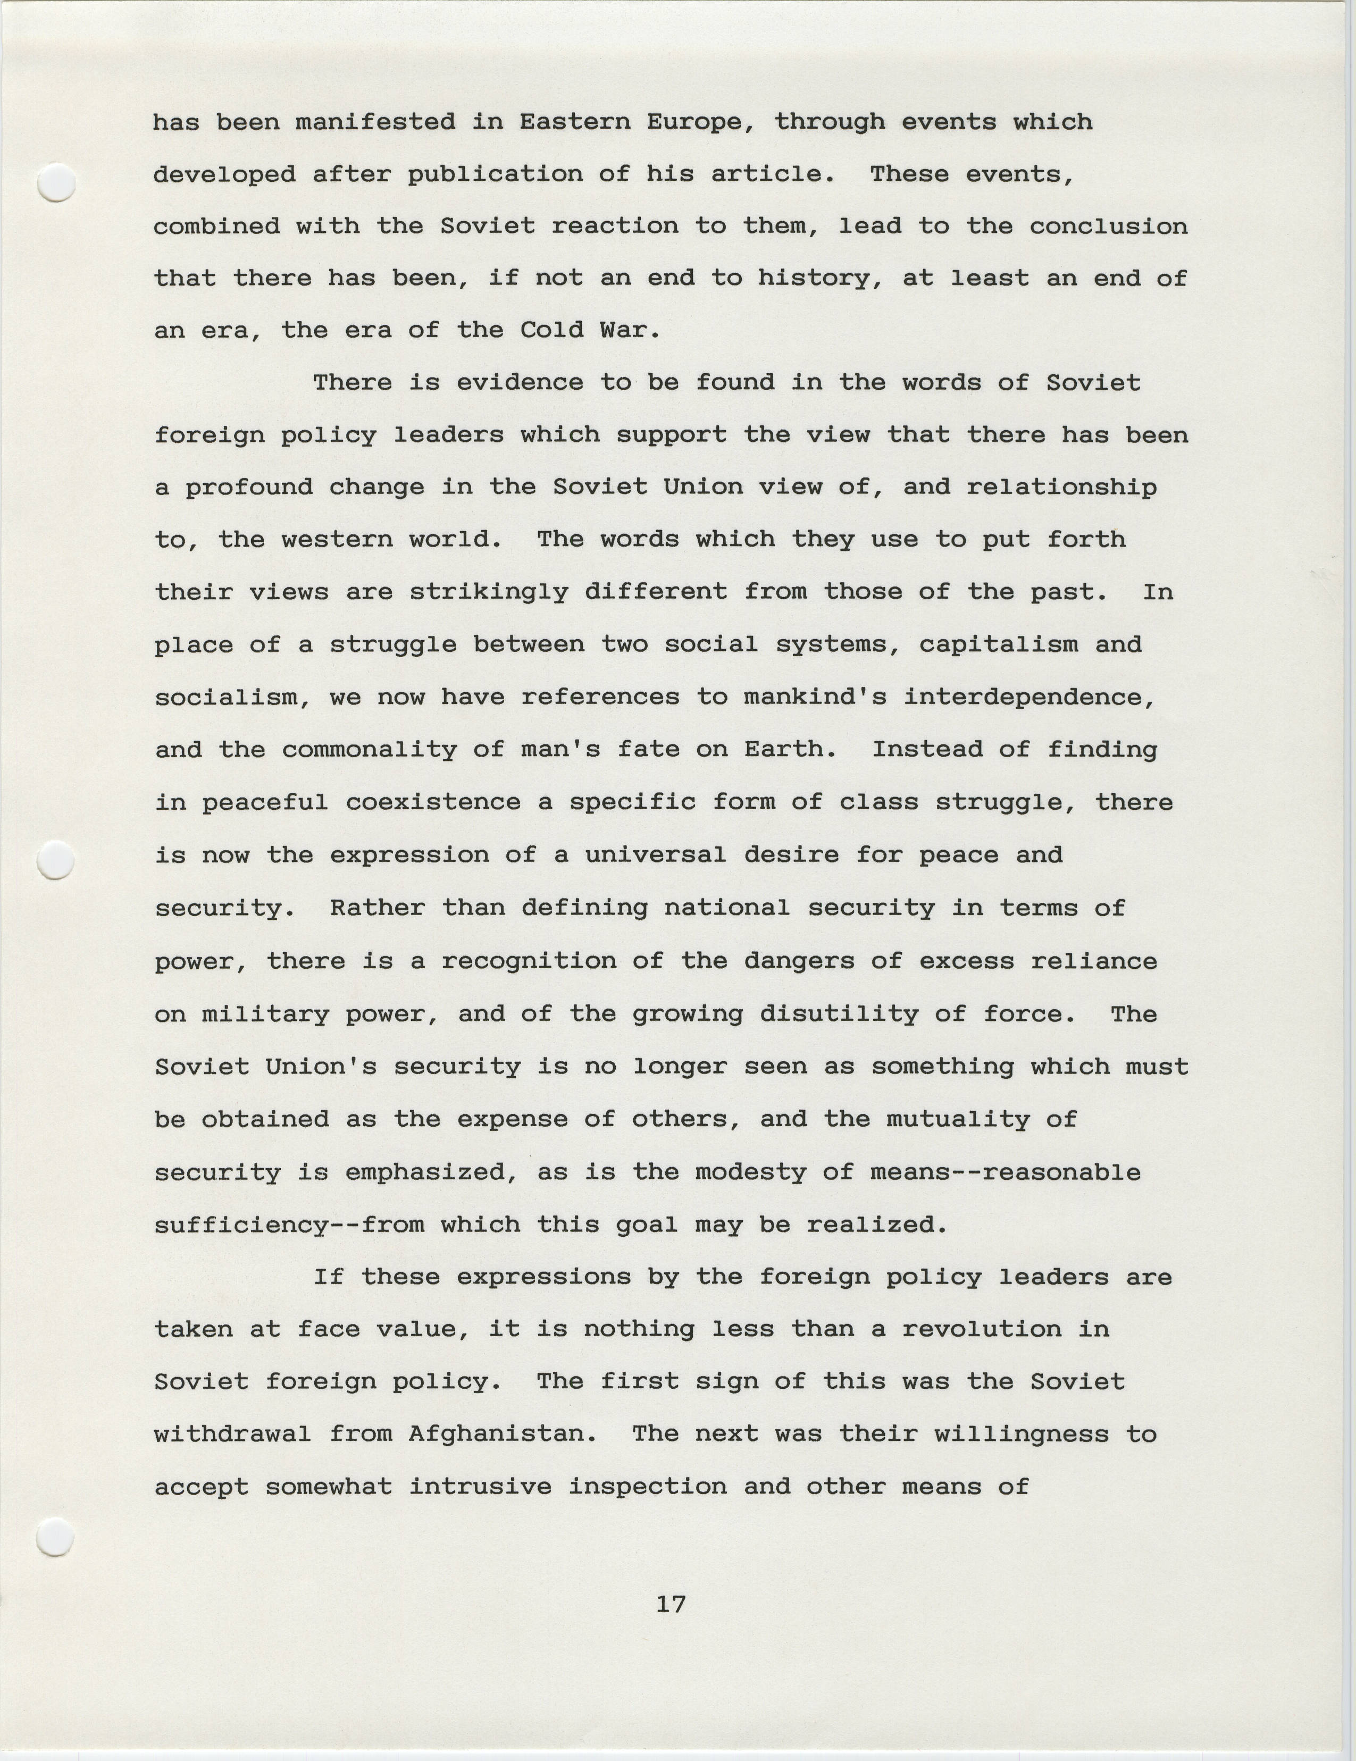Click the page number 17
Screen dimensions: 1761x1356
click(x=671, y=1605)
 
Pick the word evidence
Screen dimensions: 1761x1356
click(x=519, y=383)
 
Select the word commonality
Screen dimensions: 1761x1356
click(x=369, y=750)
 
